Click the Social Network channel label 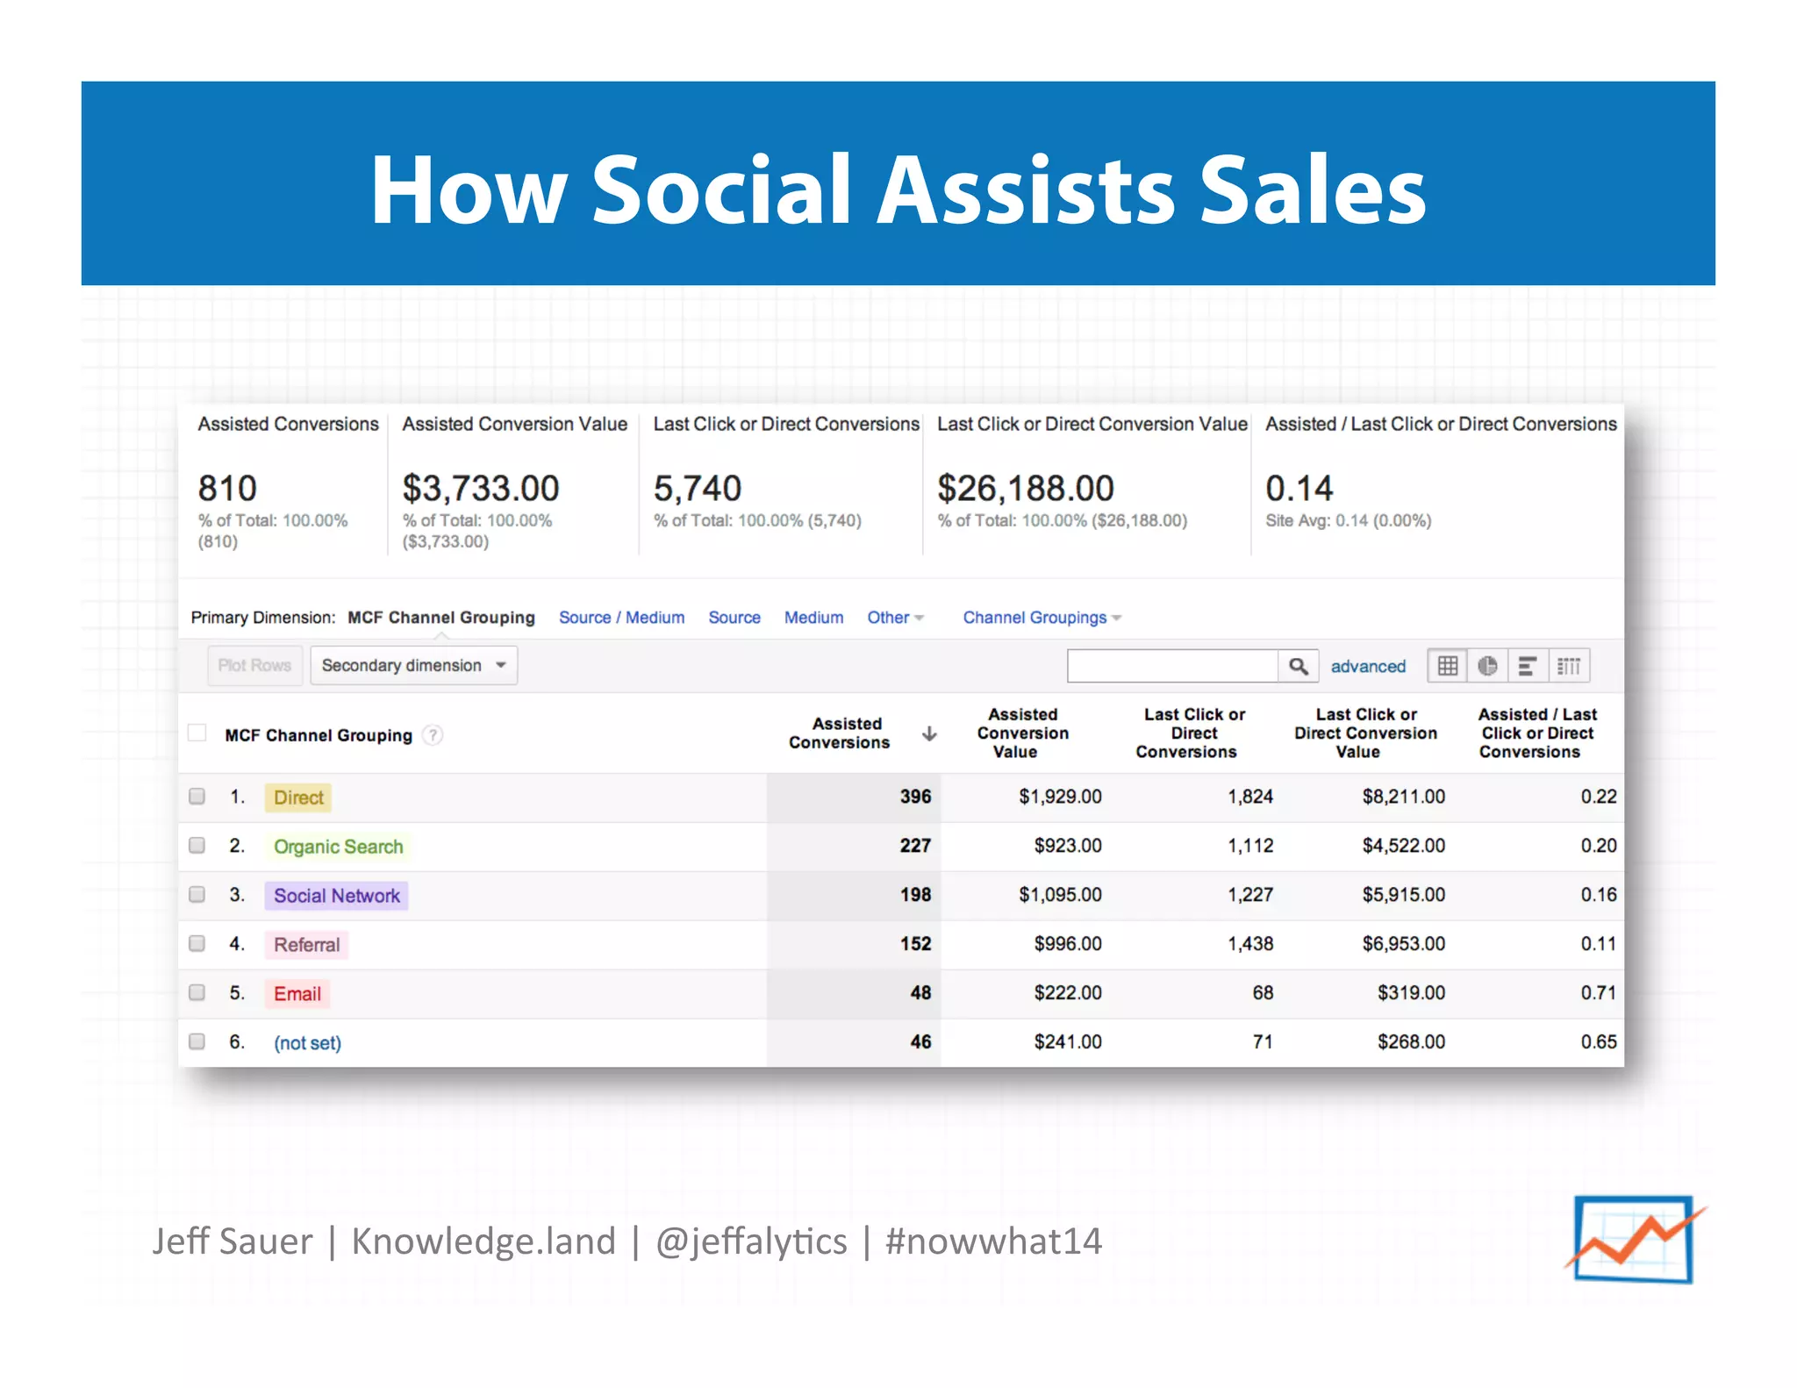point(336,896)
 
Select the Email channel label point(297,994)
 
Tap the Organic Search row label point(338,847)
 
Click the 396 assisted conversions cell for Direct point(914,797)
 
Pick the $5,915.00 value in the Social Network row point(1403,895)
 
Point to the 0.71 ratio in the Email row point(1598,993)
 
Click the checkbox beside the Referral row point(197,944)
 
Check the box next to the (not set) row point(197,1041)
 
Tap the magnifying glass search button point(1298,667)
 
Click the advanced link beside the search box point(1367,667)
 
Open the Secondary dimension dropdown point(413,666)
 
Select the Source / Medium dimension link point(621,618)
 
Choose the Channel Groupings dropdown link point(1041,618)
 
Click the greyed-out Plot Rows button point(254,666)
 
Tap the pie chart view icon point(1487,667)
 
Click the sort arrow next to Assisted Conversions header point(929,733)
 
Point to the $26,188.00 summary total point(1025,489)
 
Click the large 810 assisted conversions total point(227,489)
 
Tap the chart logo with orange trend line point(1633,1239)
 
